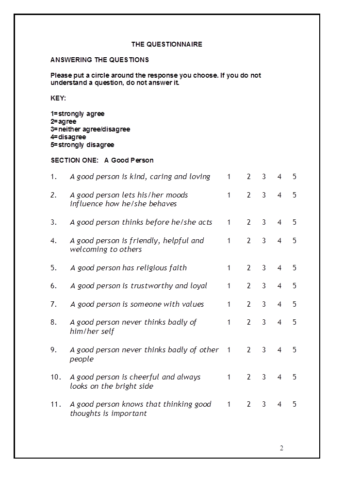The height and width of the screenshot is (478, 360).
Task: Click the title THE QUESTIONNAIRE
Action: point(166,44)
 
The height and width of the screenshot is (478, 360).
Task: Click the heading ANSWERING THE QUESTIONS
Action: point(99,60)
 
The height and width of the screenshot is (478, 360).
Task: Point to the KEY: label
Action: point(58,98)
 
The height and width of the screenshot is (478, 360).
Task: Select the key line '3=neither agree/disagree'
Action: point(90,129)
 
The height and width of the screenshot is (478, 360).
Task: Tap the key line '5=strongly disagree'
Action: point(82,145)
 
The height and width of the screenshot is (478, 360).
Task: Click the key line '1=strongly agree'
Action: point(78,114)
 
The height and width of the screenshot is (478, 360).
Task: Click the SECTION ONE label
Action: point(74,160)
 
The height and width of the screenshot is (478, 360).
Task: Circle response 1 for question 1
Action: point(229,177)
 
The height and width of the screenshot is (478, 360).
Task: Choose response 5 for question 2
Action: point(295,195)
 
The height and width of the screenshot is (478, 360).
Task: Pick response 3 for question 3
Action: point(264,222)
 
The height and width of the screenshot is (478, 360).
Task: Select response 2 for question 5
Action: point(249,268)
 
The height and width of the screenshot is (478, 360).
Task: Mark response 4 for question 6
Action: point(279,286)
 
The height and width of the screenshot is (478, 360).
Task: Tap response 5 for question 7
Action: point(295,304)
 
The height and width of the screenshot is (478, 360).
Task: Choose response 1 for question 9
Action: point(229,350)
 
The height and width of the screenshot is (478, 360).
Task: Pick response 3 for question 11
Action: point(264,404)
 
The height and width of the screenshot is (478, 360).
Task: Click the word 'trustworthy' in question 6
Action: point(151,286)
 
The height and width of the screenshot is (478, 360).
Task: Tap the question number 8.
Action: point(53,322)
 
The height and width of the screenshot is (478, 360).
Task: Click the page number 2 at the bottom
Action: point(281,448)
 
